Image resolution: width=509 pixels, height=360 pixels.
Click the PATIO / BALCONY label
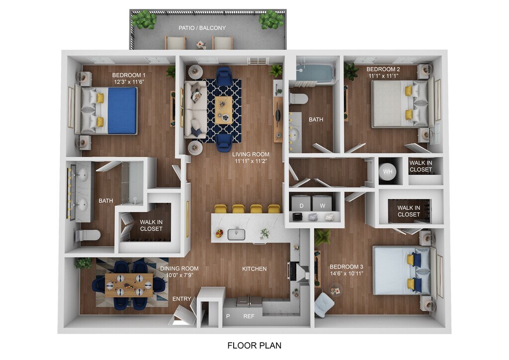(202, 28)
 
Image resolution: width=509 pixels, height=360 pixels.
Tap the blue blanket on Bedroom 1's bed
(122, 111)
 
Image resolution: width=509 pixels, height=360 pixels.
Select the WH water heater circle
(388, 171)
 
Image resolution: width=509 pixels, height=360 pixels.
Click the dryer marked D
(301, 203)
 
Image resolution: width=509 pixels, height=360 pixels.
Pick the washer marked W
(322, 203)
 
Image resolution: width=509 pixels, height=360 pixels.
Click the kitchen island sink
(236, 234)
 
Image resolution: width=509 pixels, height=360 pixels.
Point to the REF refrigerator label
(249, 316)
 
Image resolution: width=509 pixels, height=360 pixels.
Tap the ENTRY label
(181, 299)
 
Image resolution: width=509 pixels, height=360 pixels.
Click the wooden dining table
(129, 285)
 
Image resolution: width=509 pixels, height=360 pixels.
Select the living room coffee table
(223, 110)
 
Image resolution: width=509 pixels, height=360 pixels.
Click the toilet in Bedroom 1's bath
(88, 235)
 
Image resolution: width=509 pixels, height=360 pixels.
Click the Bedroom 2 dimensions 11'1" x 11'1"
(383, 76)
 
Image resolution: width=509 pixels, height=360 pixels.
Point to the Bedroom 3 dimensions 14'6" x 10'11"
(346, 273)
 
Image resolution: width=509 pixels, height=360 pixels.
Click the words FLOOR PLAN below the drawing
(254, 346)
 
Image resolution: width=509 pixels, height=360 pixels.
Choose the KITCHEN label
(254, 269)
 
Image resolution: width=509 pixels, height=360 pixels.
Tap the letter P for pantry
(228, 316)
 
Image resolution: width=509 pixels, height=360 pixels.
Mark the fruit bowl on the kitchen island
(219, 233)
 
